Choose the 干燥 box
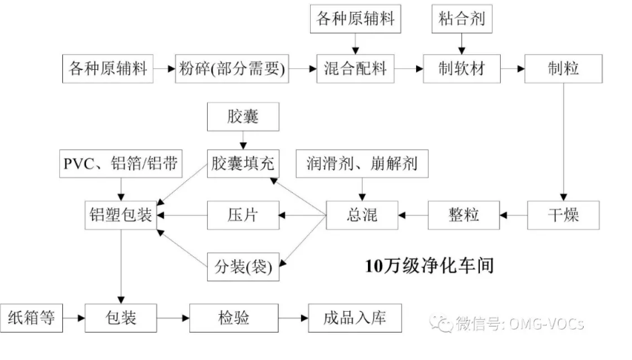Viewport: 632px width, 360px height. tap(563, 215)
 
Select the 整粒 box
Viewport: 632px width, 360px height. tap(464, 215)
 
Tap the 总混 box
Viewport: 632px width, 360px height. tap(363, 215)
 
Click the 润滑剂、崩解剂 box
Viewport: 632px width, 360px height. tap(362, 164)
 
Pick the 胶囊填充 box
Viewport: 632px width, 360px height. tap(243, 164)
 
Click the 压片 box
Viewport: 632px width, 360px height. tap(243, 215)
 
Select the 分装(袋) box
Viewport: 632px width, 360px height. tap(243, 266)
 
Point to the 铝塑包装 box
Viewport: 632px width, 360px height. tap(119, 215)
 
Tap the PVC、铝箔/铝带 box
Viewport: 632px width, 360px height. tap(119, 164)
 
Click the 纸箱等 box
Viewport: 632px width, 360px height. tap(31, 318)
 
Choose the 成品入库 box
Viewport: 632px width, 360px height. tap(355, 318)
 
